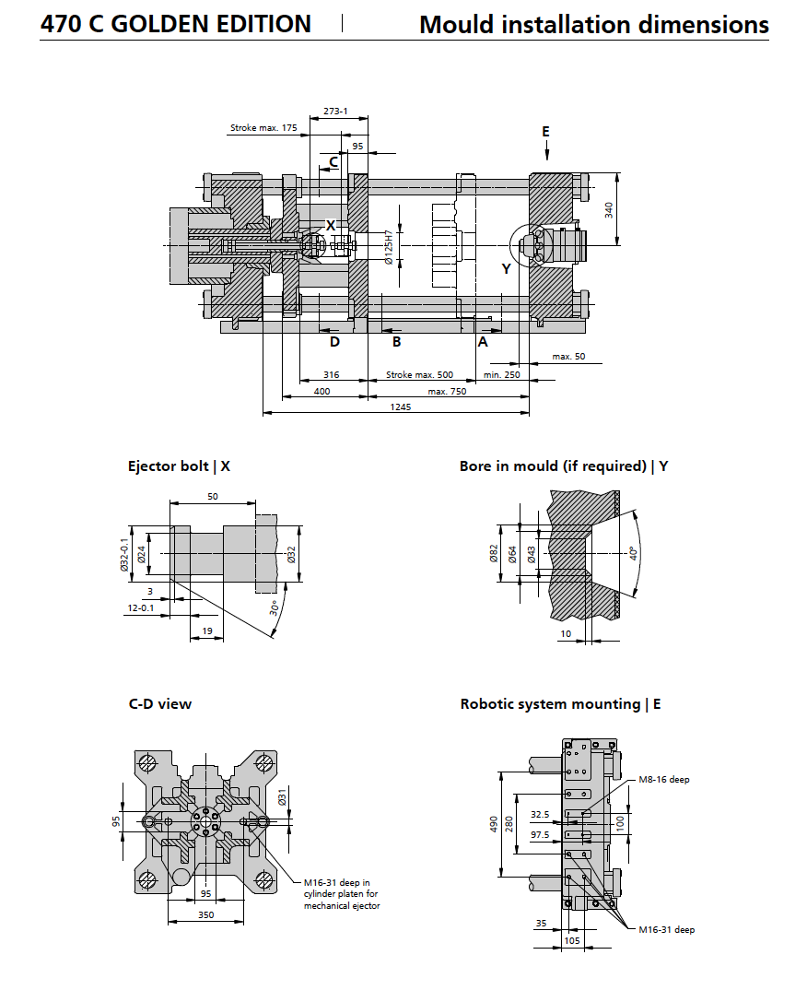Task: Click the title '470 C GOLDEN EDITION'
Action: [176, 24]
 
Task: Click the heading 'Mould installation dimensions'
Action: [593, 25]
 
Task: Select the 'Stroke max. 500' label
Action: [419, 375]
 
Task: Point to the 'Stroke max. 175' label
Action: [263, 128]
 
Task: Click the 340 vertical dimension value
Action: [609, 210]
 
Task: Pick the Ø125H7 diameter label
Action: [389, 248]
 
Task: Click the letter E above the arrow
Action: [545, 132]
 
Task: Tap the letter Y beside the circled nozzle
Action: [506, 268]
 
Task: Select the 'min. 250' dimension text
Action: [502, 375]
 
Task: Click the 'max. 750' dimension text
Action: [447, 391]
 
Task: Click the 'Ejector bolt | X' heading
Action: [179, 466]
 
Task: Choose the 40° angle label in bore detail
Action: [633, 553]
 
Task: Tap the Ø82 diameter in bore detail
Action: [494, 553]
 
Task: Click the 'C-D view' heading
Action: [160, 704]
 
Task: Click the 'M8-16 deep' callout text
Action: [664, 779]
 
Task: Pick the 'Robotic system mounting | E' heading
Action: [560, 704]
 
